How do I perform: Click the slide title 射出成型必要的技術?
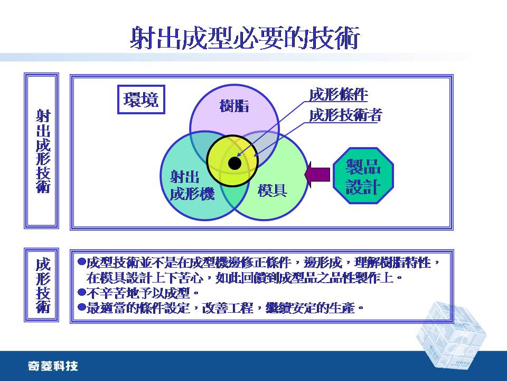coord(245,38)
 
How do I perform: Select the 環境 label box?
coord(141,99)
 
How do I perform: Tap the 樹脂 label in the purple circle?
coord(234,106)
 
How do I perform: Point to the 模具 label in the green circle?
coord(273,190)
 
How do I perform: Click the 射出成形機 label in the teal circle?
coord(192,186)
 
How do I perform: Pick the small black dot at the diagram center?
coord(234,164)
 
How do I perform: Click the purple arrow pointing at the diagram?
coord(317,175)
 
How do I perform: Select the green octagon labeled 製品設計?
coord(363,176)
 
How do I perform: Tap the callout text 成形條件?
coord(339,95)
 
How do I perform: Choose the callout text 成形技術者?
coord(345,115)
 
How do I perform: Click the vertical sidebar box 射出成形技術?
coord(42,151)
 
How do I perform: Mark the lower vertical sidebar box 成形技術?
coord(42,285)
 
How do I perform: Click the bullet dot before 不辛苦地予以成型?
coord(82,293)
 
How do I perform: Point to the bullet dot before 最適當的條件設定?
coord(82,307)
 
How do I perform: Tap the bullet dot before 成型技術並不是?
coord(82,262)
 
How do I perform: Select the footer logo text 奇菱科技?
coord(53,366)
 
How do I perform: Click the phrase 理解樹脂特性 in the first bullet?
coord(393,262)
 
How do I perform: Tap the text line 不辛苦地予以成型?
coord(138,293)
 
